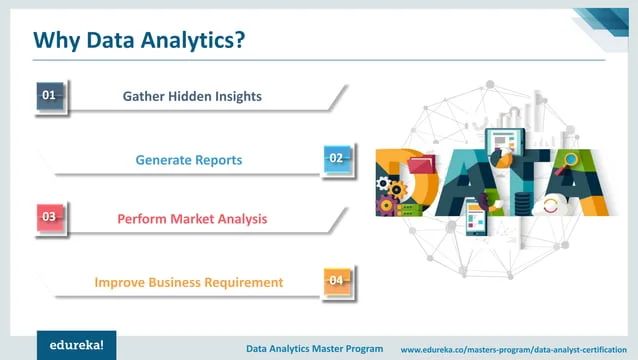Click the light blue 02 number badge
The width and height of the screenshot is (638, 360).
pyautogui.click(x=338, y=158)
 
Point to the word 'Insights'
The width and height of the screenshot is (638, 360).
pyautogui.click(x=238, y=97)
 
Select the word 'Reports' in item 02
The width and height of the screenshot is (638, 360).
pyautogui.click(x=219, y=160)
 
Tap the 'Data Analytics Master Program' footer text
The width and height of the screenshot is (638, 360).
pyautogui.click(x=315, y=349)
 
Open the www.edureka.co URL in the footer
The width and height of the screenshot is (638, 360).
pyautogui.click(x=514, y=349)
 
